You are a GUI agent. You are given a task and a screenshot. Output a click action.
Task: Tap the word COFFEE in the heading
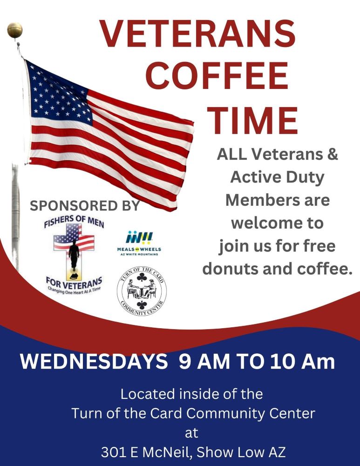217,76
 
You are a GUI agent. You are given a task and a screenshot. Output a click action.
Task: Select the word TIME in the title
252,120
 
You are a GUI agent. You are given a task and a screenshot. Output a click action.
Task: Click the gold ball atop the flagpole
15,30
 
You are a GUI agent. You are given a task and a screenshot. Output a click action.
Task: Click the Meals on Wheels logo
139,243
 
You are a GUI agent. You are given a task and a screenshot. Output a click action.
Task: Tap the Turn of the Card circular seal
142,290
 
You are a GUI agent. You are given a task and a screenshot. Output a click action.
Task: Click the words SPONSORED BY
85,206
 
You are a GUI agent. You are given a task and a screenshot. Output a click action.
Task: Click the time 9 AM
204,361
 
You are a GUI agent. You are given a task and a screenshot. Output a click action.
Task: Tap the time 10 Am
303,361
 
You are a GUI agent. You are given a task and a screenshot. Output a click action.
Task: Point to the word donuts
229,268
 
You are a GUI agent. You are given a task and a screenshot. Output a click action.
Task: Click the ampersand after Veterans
333,155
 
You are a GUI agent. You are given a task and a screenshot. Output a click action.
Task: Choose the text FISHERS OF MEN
74,221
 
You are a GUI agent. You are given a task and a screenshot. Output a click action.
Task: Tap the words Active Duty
278,177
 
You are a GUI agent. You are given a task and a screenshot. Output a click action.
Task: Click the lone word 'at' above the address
191,433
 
